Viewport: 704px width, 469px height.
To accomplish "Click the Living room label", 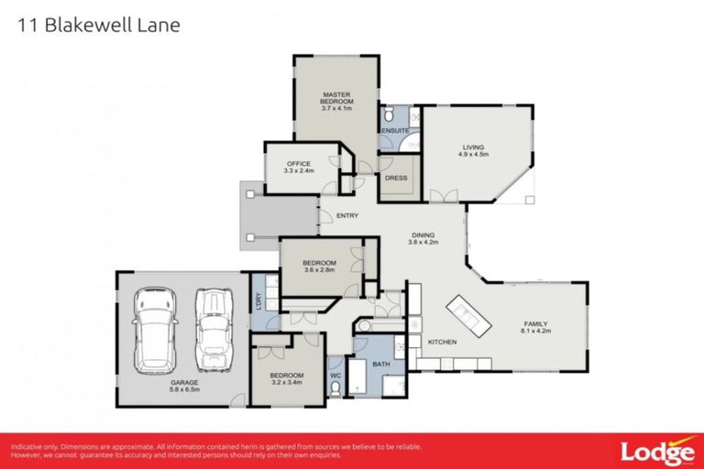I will (472, 147).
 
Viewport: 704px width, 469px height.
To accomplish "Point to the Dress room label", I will (396, 177).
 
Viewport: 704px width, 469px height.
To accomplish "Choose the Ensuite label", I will (394, 131).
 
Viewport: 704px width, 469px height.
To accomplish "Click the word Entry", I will (346, 216).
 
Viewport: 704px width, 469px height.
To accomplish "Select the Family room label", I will (536, 323).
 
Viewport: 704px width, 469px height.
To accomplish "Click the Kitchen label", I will (442, 342).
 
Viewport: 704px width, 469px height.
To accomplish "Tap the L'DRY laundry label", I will (259, 299).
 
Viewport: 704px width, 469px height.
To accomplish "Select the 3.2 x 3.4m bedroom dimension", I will (285, 383).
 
